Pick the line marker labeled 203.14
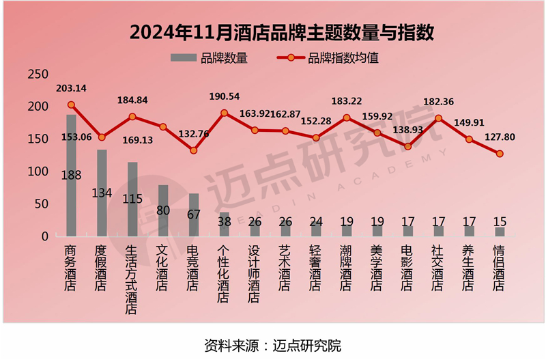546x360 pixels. (71, 105)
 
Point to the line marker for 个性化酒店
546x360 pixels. (224, 113)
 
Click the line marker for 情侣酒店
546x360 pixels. (500, 154)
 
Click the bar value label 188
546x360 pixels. (71, 175)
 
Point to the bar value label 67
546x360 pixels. (194, 214)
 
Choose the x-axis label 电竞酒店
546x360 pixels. (194, 267)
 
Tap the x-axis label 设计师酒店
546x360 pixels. (255, 273)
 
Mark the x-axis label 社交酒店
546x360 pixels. (438, 267)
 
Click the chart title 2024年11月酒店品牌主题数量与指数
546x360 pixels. (273, 33)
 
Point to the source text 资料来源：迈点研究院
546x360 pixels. (272, 344)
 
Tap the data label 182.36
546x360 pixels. (439, 102)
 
